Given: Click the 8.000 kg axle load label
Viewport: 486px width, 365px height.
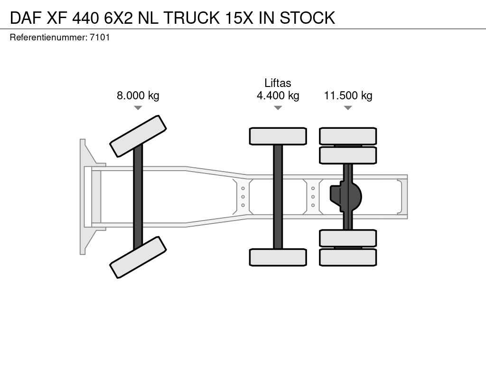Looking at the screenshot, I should [x=138, y=96].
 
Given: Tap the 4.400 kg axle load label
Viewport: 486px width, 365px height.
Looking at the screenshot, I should [x=278, y=96].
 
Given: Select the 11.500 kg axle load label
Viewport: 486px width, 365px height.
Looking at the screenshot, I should [x=348, y=96].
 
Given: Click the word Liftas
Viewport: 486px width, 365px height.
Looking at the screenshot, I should [x=278, y=83].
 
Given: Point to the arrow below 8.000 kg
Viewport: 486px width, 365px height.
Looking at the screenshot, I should [x=138, y=108].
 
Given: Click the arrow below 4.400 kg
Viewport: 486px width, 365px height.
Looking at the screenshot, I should [x=278, y=108].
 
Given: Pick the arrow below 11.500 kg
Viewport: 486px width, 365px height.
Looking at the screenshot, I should [x=348, y=108].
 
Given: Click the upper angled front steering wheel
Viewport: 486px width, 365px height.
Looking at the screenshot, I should [x=138, y=136].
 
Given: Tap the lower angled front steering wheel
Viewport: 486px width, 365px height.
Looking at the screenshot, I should [x=138, y=257].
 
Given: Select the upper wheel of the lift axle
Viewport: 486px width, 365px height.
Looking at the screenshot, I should [x=278, y=136].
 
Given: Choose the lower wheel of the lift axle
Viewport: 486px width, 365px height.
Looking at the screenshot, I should [x=278, y=257].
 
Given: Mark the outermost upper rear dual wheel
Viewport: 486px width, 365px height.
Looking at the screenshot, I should [x=348, y=136].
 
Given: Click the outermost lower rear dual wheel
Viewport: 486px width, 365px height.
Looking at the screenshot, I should [x=348, y=257].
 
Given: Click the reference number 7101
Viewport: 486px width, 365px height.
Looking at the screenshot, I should [x=100, y=37].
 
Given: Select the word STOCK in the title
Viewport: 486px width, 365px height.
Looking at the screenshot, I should [x=307, y=18].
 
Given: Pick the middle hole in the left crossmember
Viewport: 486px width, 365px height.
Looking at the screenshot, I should [x=243, y=197].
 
